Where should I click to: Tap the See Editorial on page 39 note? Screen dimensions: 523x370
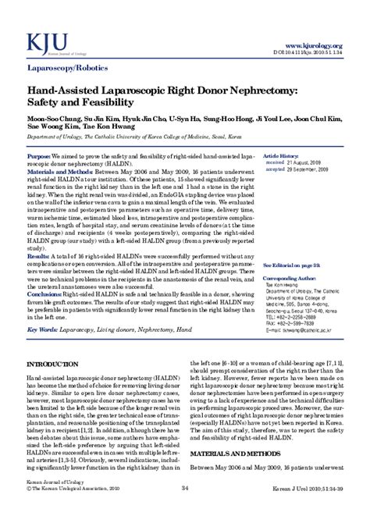click(x=294, y=244)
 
